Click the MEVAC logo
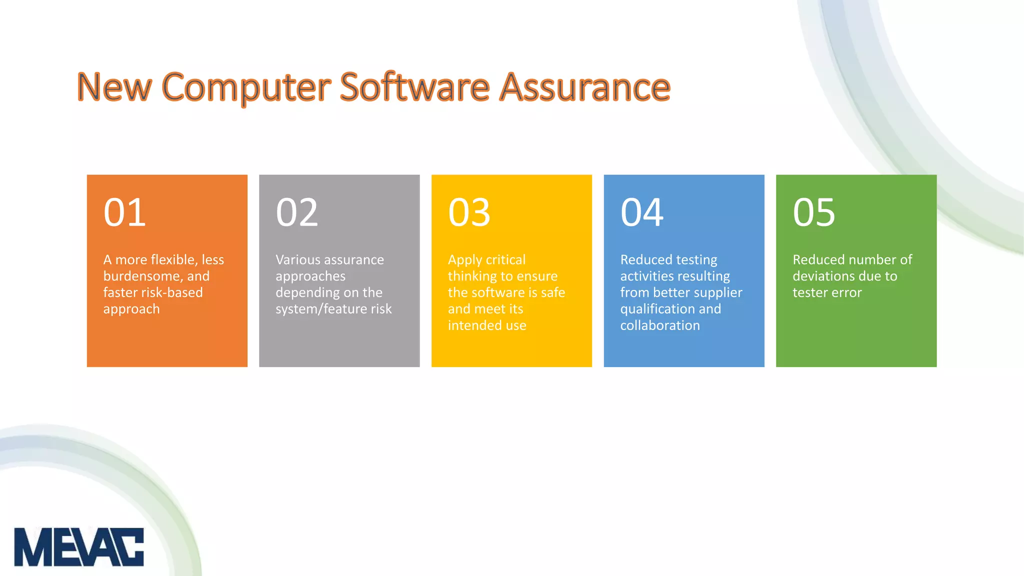point(79,546)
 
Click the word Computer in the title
point(246,87)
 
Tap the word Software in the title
point(414,87)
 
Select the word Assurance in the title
point(585,87)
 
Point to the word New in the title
point(114,87)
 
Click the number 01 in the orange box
point(124,212)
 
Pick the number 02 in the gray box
point(297,212)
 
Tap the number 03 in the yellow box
point(469,212)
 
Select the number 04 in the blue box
point(642,212)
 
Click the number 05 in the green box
point(814,212)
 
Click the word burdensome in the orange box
point(142,276)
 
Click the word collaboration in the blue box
point(660,325)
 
